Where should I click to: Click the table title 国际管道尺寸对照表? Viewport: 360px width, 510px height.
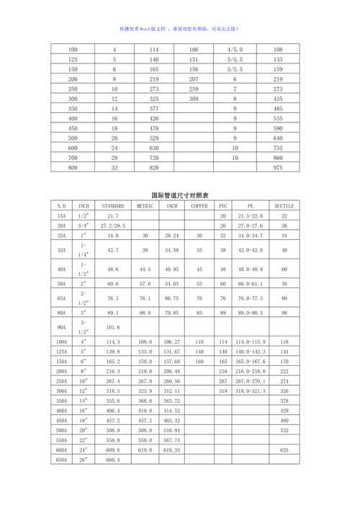[x=179, y=195]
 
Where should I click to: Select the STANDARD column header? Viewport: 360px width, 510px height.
[x=113, y=205]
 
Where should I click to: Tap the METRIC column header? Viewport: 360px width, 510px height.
[x=145, y=205]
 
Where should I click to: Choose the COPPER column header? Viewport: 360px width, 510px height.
[x=199, y=205]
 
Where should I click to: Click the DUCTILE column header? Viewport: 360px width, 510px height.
[x=284, y=205]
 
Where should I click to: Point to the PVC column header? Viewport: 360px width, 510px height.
[x=223, y=205]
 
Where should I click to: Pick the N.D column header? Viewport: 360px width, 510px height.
[x=61, y=205]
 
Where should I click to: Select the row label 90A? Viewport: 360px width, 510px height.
[x=61, y=328]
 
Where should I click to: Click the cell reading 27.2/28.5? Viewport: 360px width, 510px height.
[x=113, y=225]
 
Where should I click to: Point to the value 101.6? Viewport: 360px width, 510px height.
[x=113, y=328]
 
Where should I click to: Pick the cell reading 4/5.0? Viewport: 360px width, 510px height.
[x=235, y=49]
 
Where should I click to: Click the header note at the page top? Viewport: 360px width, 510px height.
[x=179, y=29]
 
